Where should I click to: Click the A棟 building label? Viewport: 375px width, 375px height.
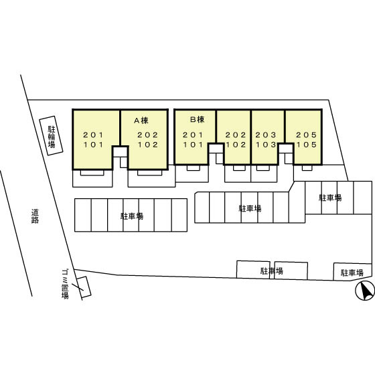click(141, 121)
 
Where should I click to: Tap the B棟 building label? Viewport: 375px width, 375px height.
click(197, 119)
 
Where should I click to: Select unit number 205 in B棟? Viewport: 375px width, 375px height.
click(306, 135)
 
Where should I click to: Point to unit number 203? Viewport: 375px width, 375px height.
click(266, 135)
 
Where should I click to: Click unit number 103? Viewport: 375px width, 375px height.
click(266, 145)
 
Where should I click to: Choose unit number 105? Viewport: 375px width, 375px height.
click(306, 145)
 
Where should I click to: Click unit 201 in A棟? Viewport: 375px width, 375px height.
click(93, 135)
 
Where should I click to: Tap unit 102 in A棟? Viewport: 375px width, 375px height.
click(148, 145)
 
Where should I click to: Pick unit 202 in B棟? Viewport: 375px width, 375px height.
click(236, 135)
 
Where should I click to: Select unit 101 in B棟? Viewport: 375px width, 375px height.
click(193, 145)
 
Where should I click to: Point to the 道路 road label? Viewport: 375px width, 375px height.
click(35, 216)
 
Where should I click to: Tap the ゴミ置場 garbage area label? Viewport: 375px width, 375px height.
click(65, 284)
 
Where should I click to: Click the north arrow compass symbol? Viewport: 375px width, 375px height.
click(365, 291)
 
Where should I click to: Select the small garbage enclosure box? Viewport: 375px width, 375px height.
click(83, 287)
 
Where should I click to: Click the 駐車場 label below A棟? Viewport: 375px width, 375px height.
click(132, 216)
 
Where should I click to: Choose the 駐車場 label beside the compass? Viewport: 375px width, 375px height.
click(352, 273)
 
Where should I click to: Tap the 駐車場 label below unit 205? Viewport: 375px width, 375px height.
click(330, 198)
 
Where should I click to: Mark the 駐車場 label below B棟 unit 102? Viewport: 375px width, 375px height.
click(250, 208)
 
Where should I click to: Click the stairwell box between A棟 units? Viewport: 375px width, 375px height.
click(120, 151)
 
